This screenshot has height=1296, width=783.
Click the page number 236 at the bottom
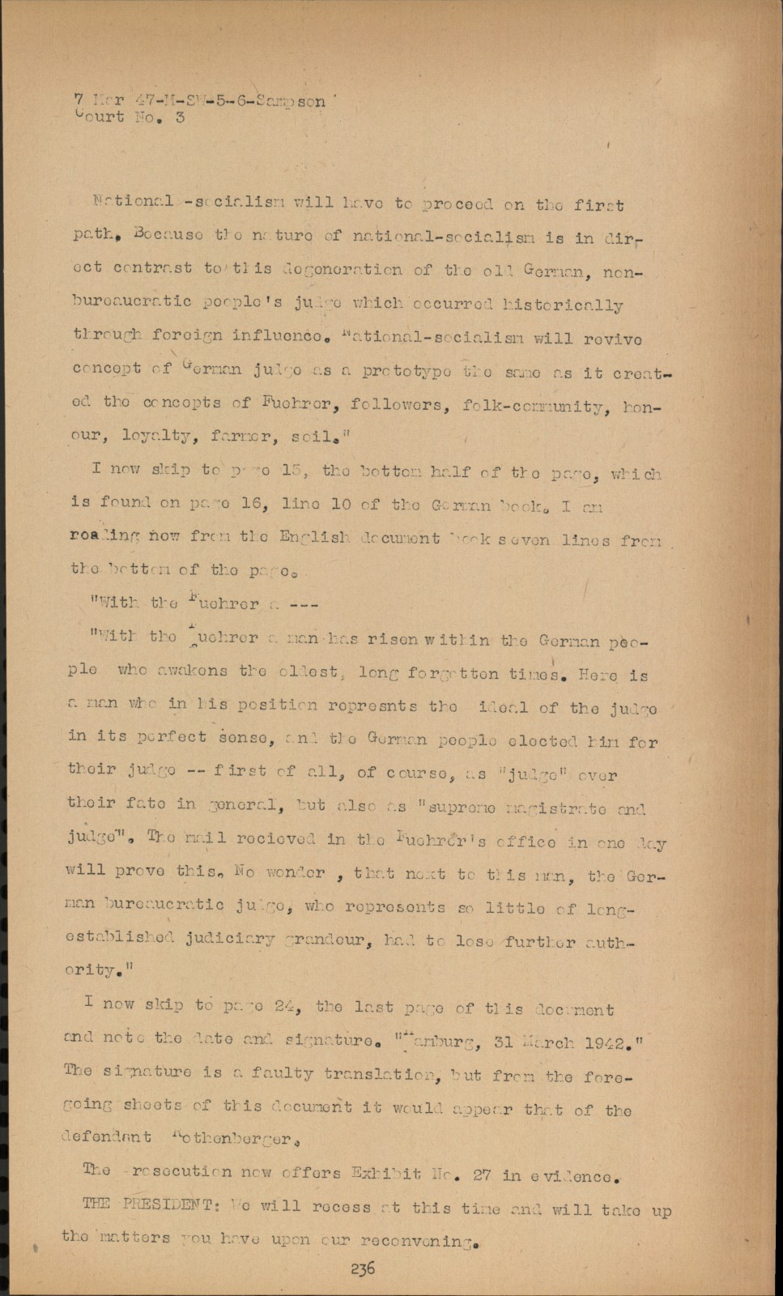363,1268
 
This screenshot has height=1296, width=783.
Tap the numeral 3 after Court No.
179,117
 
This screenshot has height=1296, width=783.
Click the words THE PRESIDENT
149,1204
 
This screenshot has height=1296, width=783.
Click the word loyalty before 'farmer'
159,437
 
